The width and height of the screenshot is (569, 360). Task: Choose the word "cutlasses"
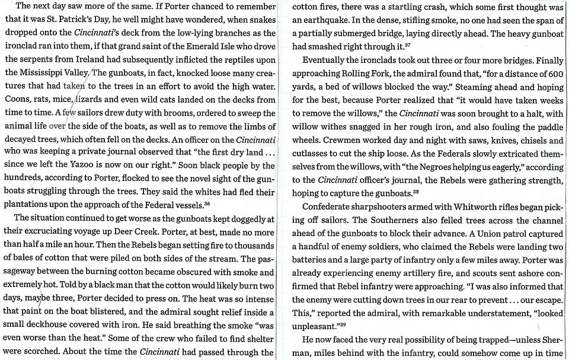pyautogui.click(x=312, y=153)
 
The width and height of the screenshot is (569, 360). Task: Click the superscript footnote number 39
pyautogui.click(x=340, y=324)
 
